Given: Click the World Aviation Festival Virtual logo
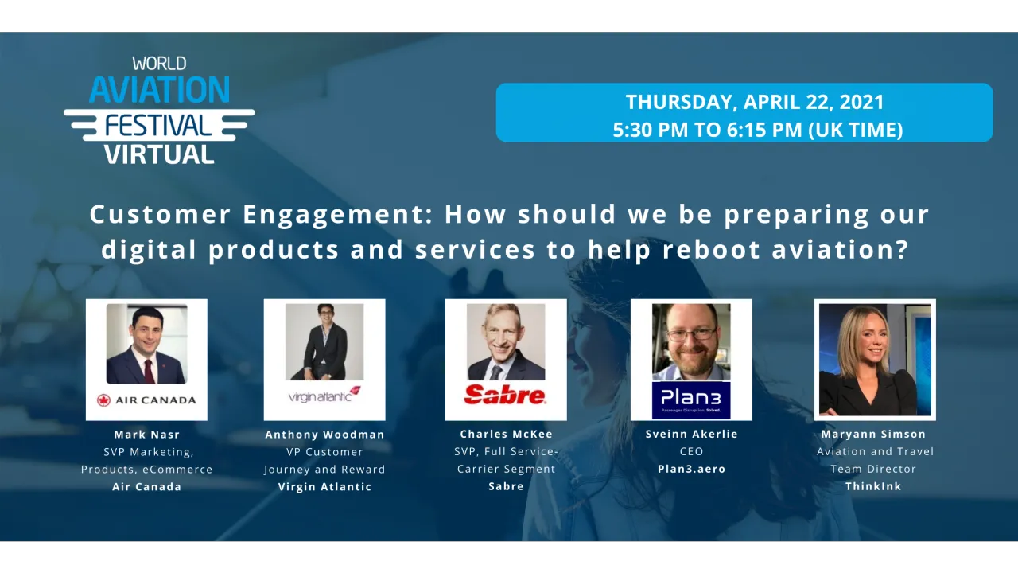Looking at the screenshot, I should click(x=159, y=110).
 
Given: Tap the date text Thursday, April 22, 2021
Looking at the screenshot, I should click(x=754, y=102).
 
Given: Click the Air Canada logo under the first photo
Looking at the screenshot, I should click(x=146, y=400).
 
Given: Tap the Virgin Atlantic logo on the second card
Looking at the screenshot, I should click(x=324, y=395).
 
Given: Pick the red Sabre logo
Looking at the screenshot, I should click(x=505, y=395).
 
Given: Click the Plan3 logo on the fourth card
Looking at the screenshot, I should click(x=690, y=400).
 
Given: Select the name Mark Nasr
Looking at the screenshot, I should click(x=146, y=435).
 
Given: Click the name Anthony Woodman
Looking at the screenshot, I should click(x=324, y=435).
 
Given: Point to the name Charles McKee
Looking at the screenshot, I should click(x=506, y=434).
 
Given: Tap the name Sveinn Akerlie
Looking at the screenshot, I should click(x=691, y=434).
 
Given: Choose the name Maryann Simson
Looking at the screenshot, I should click(x=873, y=434).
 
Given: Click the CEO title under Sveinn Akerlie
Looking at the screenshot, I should click(x=691, y=451).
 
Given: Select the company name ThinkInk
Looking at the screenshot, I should click(x=873, y=486).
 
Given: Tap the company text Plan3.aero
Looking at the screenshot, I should click(x=691, y=469).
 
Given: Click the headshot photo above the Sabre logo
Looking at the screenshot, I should click(x=506, y=342).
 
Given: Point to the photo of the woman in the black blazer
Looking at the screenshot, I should click(x=875, y=360).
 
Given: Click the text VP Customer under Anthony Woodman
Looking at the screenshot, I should click(x=324, y=452).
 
